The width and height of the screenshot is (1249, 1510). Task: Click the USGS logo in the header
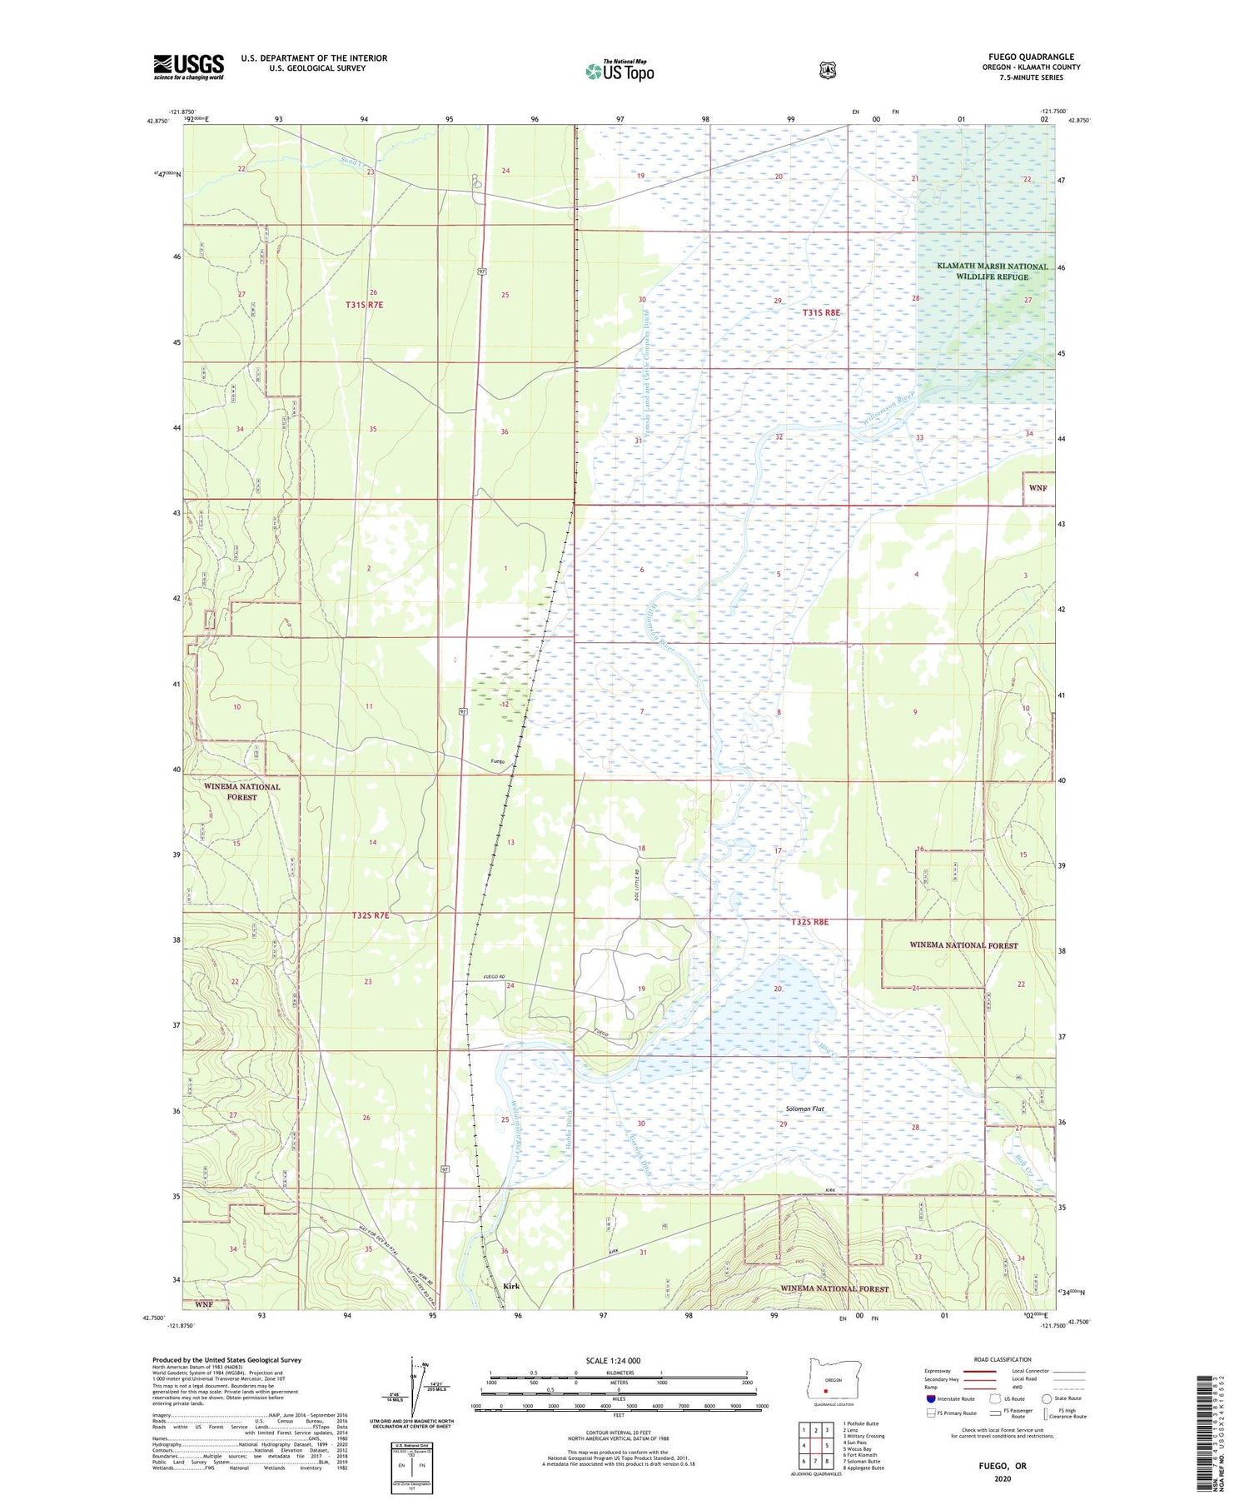(x=188, y=67)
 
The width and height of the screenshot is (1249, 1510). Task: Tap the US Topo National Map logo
(x=620, y=71)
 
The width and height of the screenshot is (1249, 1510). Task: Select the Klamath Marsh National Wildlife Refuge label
(x=992, y=272)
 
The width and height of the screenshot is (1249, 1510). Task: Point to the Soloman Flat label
(x=804, y=1109)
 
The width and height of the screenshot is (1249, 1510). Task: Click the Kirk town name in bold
(x=511, y=1286)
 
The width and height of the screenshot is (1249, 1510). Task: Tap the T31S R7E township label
(x=364, y=305)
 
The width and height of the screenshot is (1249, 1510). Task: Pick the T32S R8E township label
(x=809, y=922)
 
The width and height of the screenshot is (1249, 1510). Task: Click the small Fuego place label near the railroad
(x=497, y=761)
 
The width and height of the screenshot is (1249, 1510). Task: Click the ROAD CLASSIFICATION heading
(x=1003, y=1359)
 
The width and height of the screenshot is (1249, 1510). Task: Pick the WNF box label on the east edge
(x=1038, y=487)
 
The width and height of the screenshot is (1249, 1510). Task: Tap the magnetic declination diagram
(x=414, y=1386)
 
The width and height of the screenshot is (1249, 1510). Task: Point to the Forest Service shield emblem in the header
(x=827, y=70)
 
